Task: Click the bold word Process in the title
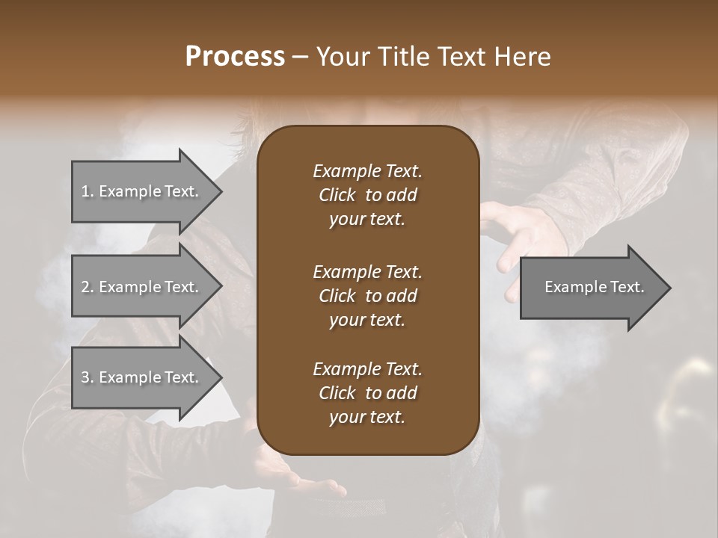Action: pyautogui.click(x=235, y=57)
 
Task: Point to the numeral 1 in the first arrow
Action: pyautogui.click(x=85, y=191)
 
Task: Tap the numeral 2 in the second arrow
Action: pyautogui.click(x=85, y=287)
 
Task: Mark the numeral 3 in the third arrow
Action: pyautogui.click(x=85, y=377)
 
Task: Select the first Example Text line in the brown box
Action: pyautogui.click(x=367, y=171)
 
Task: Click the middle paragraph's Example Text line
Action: pyautogui.click(x=367, y=271)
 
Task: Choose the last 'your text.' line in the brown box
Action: pyautogui.click(x=367, y=418)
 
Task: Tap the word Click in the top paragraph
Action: pyautogui.click(x=337, y=195)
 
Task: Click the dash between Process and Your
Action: pyautogui.click(x=300, y=57)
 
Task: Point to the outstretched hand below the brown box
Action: pyautogui.click(x=299, y=478)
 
